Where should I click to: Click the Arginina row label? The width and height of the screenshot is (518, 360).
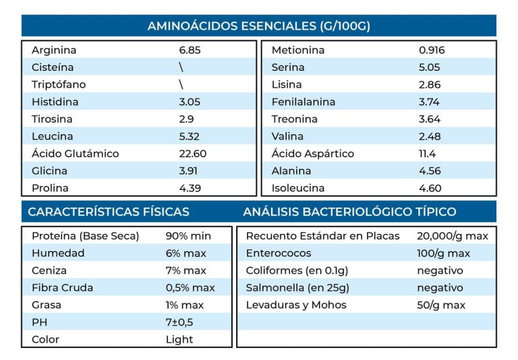tap(54, 50)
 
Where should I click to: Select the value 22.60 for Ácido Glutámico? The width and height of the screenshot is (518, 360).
tap(193, 154)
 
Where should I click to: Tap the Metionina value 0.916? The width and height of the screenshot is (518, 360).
tap(432, 50)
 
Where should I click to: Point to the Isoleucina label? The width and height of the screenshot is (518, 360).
tap(297, 188)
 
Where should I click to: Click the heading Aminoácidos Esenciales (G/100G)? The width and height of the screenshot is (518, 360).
tap(258, 26)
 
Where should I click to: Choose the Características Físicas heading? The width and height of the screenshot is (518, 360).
tap(109, 212)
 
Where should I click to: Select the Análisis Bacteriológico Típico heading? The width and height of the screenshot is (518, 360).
tap(349, 212)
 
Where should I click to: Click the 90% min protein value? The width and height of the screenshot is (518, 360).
tap(188, 236)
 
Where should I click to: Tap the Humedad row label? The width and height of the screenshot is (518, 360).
tap(58, 253)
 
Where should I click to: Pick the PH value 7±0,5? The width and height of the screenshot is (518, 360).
tap(179, 322)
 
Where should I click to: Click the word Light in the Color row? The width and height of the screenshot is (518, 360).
tap(179, 339)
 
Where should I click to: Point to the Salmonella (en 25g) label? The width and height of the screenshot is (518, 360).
tap(297, 288)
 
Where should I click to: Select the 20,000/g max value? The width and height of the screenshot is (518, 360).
tap(453, 236)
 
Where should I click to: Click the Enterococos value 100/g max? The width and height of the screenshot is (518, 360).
tap(443, 253)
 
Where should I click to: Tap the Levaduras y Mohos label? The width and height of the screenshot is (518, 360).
tap(296, 305)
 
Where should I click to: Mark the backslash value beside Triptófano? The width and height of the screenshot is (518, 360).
tap(181, 84)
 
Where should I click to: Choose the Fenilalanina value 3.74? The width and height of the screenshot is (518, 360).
tap(429, 102)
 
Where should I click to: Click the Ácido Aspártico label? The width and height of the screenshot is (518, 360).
tap(312, 154)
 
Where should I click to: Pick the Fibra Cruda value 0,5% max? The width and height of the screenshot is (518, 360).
tap(190, 288)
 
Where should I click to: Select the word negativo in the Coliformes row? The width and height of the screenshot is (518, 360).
tap(440, 270)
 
